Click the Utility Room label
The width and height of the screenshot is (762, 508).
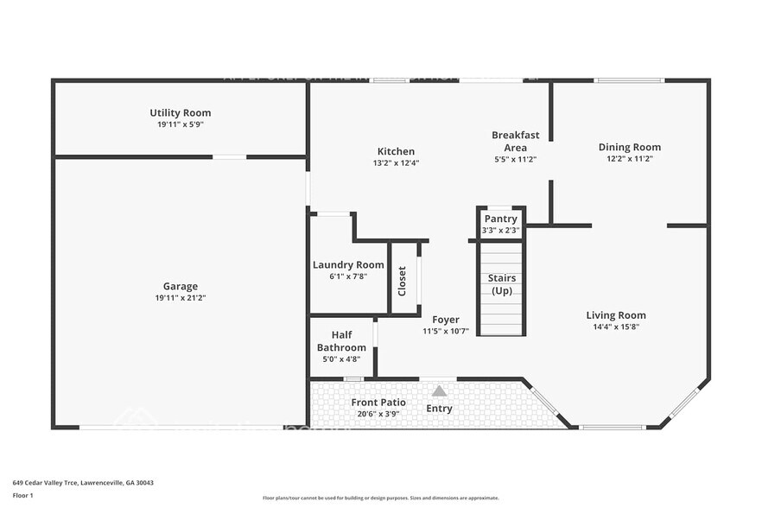[180, 113]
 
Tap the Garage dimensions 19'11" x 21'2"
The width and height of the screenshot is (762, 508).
[180, 298]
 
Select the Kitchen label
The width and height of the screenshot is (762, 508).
[396, 151]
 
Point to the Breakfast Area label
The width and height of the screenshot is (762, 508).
[516, 141]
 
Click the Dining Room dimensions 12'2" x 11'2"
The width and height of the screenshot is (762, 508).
[629, 159]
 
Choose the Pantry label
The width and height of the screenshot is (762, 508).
[500, 219]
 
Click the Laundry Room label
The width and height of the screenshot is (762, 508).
[348, 265]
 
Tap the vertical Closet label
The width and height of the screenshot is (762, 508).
[402, 281]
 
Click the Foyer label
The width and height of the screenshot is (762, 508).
[446, 320]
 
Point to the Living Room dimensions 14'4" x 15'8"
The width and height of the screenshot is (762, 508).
[616, 327]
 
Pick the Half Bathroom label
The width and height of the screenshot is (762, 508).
[341, 341]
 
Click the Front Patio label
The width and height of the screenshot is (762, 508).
[378, 403]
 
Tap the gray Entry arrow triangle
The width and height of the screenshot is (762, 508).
[439, 391]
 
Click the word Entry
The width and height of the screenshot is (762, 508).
[439, 409]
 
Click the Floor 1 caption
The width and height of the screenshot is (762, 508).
[23, 495]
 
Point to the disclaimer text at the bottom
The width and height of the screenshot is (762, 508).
[380, 498]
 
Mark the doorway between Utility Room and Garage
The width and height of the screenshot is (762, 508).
[229, 157]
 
